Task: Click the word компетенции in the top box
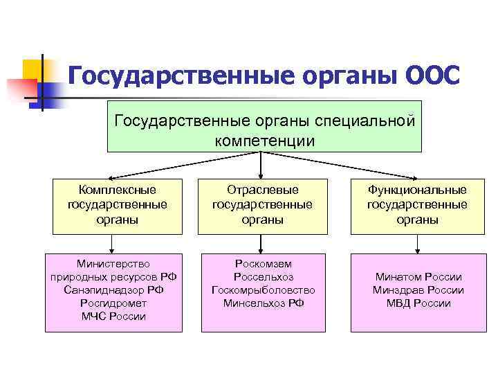[264, 141]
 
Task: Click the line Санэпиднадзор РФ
[113, 290]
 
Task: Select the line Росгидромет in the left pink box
[113, 303]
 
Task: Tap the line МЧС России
[113, 317]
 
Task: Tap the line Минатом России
[418, 277]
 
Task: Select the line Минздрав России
[418, 290]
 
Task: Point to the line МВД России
[418, 303]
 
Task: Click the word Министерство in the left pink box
[113, 264]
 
